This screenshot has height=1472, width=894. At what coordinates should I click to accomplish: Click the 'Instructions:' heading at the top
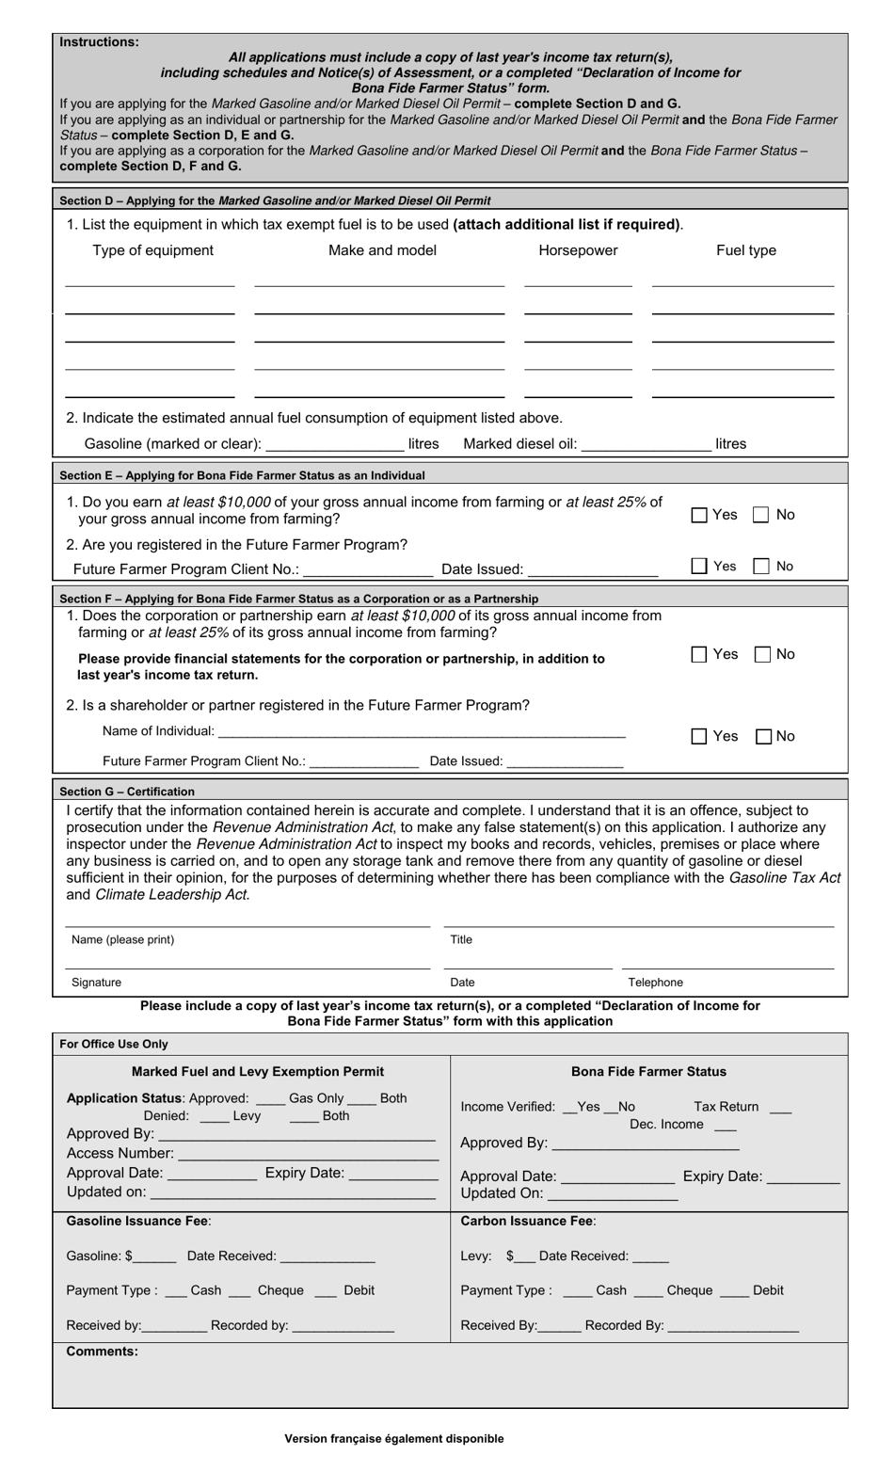click(x=99, y=42)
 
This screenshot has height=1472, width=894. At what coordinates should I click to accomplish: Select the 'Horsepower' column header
click(x=578, y=250)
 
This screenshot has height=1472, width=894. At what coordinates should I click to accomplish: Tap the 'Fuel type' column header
click(x=746, y=250)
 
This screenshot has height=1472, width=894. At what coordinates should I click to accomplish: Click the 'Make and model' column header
click(x=382, y=250)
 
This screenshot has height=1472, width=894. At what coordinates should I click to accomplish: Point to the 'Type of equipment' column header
click(x=152, y=250)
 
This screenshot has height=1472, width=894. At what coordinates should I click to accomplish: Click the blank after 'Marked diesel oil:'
click(x=647, y=444)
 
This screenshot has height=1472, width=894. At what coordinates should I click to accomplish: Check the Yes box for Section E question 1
click(x=699, y=515)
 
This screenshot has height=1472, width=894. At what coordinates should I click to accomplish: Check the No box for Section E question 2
click(x=761, y=567)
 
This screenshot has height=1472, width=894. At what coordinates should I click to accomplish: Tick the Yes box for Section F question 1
click(x=699, y=655)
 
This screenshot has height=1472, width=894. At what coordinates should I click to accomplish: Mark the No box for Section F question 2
click(x=764, y=737)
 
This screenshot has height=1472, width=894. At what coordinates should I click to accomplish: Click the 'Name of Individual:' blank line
click(x=422, y=732)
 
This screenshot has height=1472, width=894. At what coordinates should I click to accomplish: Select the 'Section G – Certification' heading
click(x=127, y=792)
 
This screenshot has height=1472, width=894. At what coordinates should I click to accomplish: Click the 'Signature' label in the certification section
click(x=96, y=983)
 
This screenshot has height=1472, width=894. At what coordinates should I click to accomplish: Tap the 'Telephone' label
click(x=655, y=983)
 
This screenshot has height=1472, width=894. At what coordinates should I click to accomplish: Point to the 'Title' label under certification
click(x=461, y=939)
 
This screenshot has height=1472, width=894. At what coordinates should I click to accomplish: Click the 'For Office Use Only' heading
click(x=114, y=1044)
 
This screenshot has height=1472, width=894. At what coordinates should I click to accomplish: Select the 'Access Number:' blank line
click(x=308, y=1154)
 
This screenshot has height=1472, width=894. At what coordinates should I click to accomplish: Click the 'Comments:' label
click(x=102, y=1352)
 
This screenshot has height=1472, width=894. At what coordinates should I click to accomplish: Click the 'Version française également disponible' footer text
click(x=394, y=1438)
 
